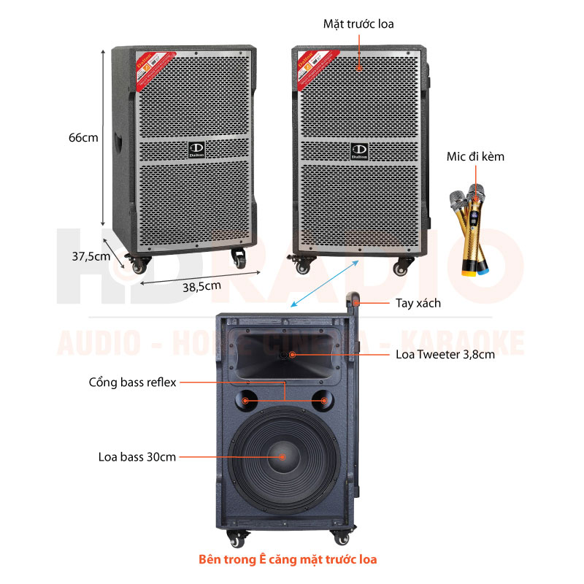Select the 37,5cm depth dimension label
(91, 256)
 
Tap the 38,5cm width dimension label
(201, 285)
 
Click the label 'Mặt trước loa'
(358, 24)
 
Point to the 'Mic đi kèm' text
(475, 156)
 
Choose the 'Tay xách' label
(418, 302)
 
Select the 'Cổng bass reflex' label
(133, 382)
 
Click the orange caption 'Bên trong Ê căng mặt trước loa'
(288, 560)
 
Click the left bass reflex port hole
(246, 400)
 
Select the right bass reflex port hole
(322, 400)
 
